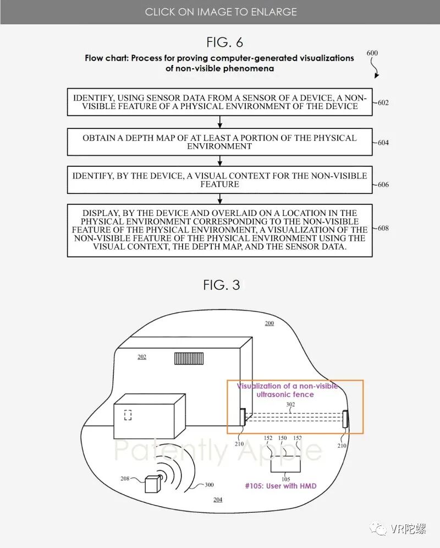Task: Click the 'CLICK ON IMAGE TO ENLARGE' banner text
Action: pos(220,12)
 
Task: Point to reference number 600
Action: pos(372,53)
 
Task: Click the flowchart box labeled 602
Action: pos(219,102)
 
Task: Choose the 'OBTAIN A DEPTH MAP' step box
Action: pos(219,142)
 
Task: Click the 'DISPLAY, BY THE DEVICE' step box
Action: pos(219,230)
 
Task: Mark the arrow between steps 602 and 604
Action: pos(219,122)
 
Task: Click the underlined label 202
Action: pos(142,357)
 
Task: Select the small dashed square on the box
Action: pos(128,415)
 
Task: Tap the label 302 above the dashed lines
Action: pos(290,405)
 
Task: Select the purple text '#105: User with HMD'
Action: pos(281,486)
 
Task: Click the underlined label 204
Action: pos(218,499)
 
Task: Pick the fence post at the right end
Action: pos(345,419)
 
